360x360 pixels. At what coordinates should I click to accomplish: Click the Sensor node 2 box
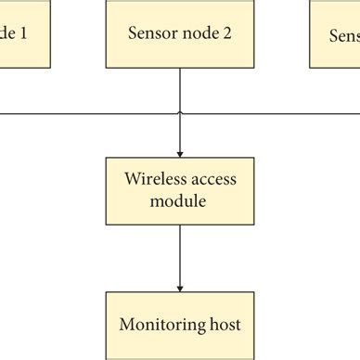point(179,33)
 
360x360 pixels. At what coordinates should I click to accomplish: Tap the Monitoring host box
point(179,325)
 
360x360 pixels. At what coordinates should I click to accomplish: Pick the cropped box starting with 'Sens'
point(335,33)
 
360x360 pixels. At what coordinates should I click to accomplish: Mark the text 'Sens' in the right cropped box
point(345,35)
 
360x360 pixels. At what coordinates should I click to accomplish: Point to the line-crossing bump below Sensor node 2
point(179,114)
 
